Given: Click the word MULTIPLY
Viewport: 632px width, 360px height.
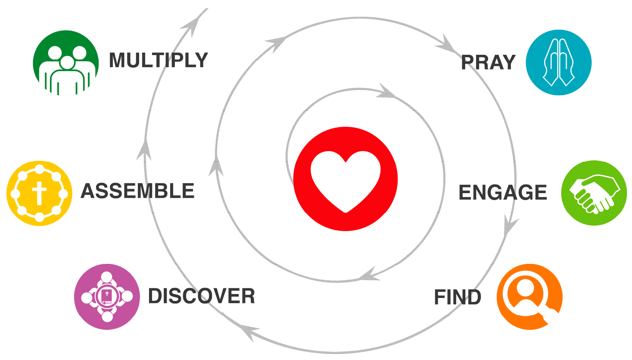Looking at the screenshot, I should (158, 60).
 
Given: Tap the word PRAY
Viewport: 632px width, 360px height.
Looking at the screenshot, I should (488, 63).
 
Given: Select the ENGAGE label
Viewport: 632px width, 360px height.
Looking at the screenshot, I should (502, 192).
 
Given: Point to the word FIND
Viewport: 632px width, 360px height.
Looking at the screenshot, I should (457, 297).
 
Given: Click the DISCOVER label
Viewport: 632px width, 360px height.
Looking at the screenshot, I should (201, 296).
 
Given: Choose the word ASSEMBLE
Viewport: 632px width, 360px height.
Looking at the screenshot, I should (137, 191).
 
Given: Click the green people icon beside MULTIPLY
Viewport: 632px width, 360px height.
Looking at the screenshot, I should (66, 63).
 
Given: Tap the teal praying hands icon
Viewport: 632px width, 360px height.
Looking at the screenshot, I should (559, 63).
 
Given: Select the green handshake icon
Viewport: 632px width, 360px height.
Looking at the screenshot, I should (594, 193).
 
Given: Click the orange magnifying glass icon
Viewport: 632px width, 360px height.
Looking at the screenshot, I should (529, 297).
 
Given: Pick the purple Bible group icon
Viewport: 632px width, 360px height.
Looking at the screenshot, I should (107, 297).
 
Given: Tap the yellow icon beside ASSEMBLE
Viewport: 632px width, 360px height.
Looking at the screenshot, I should (39, 193).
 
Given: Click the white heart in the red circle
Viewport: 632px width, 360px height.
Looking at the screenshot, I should (346, 180).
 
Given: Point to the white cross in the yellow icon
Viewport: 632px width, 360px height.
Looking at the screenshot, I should (39, 193).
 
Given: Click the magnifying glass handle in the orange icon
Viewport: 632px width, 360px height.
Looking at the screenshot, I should (550, 314).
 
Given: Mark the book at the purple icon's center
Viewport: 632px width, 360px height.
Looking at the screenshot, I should (106, 296).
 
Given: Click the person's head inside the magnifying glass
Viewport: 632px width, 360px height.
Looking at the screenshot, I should (526, 286).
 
